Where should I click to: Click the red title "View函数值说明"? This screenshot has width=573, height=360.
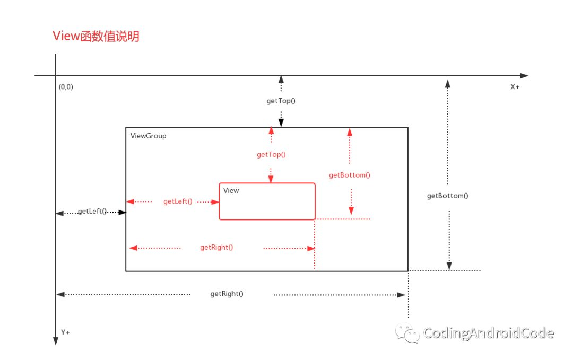(96, 37)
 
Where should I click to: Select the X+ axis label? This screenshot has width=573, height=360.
(515, 87)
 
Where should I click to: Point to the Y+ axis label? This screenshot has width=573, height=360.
(65, 332)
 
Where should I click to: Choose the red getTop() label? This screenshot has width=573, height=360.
(271, 154)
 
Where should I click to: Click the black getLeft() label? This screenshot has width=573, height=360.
(92, 211)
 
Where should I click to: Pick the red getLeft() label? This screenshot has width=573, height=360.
(178, 201)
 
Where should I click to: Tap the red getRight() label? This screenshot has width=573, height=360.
(216, 247)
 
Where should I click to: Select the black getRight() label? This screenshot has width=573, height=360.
(227, 293)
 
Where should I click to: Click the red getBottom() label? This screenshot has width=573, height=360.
(350, 175)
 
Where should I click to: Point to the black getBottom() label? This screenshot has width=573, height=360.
(448, 195)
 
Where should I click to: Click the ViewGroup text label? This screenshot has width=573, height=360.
(148, 136)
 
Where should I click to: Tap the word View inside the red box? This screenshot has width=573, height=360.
(231, 190)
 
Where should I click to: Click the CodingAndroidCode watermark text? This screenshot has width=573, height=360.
(489, 333)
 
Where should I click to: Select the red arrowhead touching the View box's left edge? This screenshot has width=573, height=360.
(215, 201)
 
